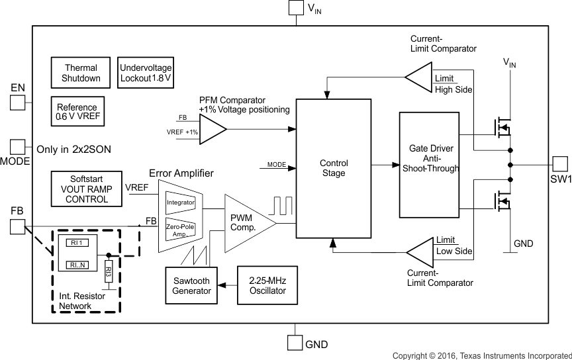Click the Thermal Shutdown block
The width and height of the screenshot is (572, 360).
click(x=81, y=73)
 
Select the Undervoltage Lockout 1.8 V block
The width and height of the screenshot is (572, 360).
click(x=146, y=73)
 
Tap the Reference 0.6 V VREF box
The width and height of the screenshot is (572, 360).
click(x=77, y=112)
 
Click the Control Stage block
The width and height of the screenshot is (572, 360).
click(x=333, y=168)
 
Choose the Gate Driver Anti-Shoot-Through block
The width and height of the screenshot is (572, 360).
click(x=429, y=165)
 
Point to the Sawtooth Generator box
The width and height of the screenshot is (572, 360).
click(x=191, y=285)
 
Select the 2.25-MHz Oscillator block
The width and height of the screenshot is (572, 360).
click(x=262, y=285)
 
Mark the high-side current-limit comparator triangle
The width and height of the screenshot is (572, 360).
click(x=419, y=78)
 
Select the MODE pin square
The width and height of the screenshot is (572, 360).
click(x=17, y=147)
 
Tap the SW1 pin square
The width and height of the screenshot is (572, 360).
click(x=560, y=164)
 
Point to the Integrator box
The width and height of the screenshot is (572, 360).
click(x=180, y=202)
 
